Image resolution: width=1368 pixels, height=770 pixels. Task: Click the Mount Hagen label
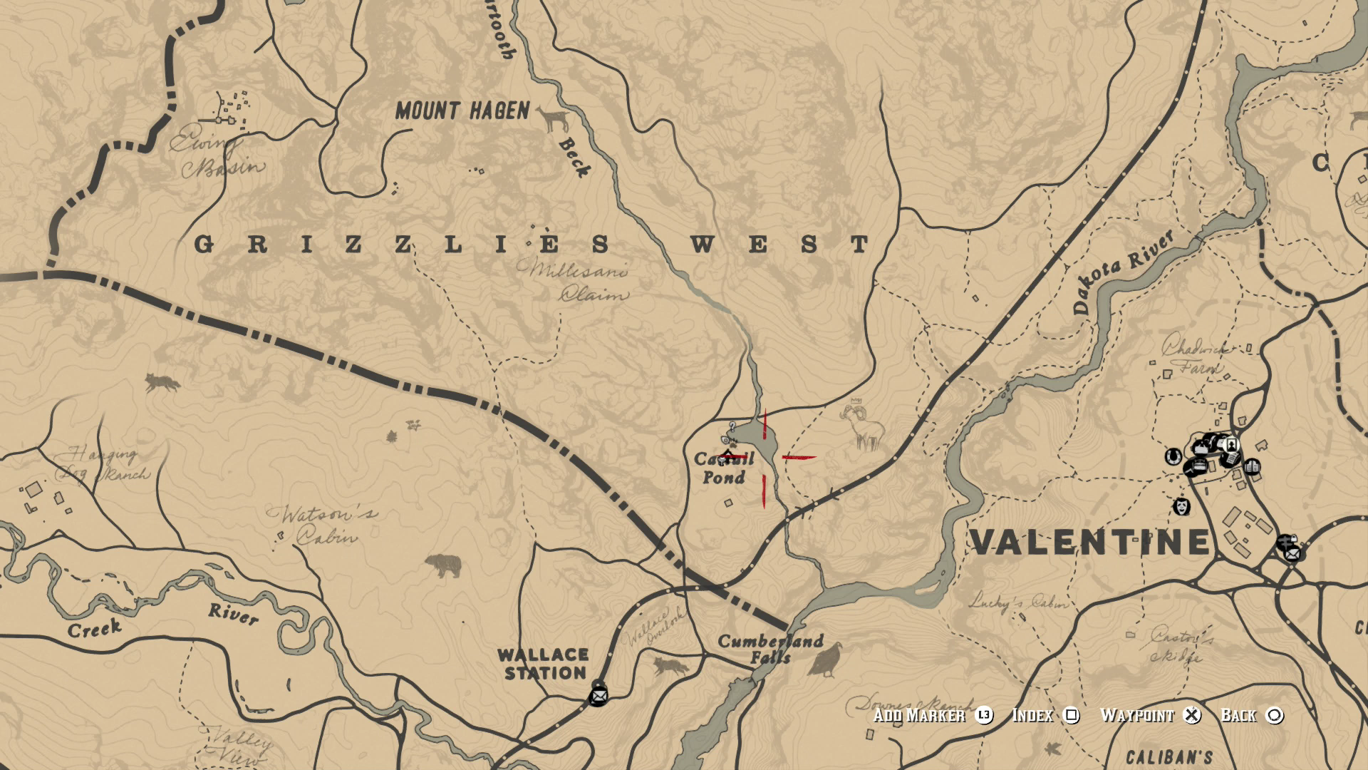[462, 111]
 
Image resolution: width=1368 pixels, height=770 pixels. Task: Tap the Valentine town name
[1090, 543]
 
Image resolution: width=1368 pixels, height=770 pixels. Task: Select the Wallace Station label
[543, 664]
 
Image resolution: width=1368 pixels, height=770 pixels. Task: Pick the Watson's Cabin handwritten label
[322, 525]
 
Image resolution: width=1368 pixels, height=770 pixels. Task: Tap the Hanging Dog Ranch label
[104, 463]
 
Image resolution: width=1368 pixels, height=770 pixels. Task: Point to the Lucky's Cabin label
[1017, 602]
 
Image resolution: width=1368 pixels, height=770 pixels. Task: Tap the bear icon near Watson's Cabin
[444, 566]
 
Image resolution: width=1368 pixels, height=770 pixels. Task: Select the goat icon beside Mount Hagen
[551, 119]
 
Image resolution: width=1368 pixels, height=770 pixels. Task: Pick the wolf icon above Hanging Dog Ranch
[162, 383]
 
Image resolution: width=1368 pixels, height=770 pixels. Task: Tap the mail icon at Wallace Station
[598, 694]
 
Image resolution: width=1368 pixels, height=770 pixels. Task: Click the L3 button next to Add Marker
[984, 715]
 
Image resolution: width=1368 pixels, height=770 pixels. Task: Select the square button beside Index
[1071, 715]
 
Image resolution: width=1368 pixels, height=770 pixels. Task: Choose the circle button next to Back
[1275, 715]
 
